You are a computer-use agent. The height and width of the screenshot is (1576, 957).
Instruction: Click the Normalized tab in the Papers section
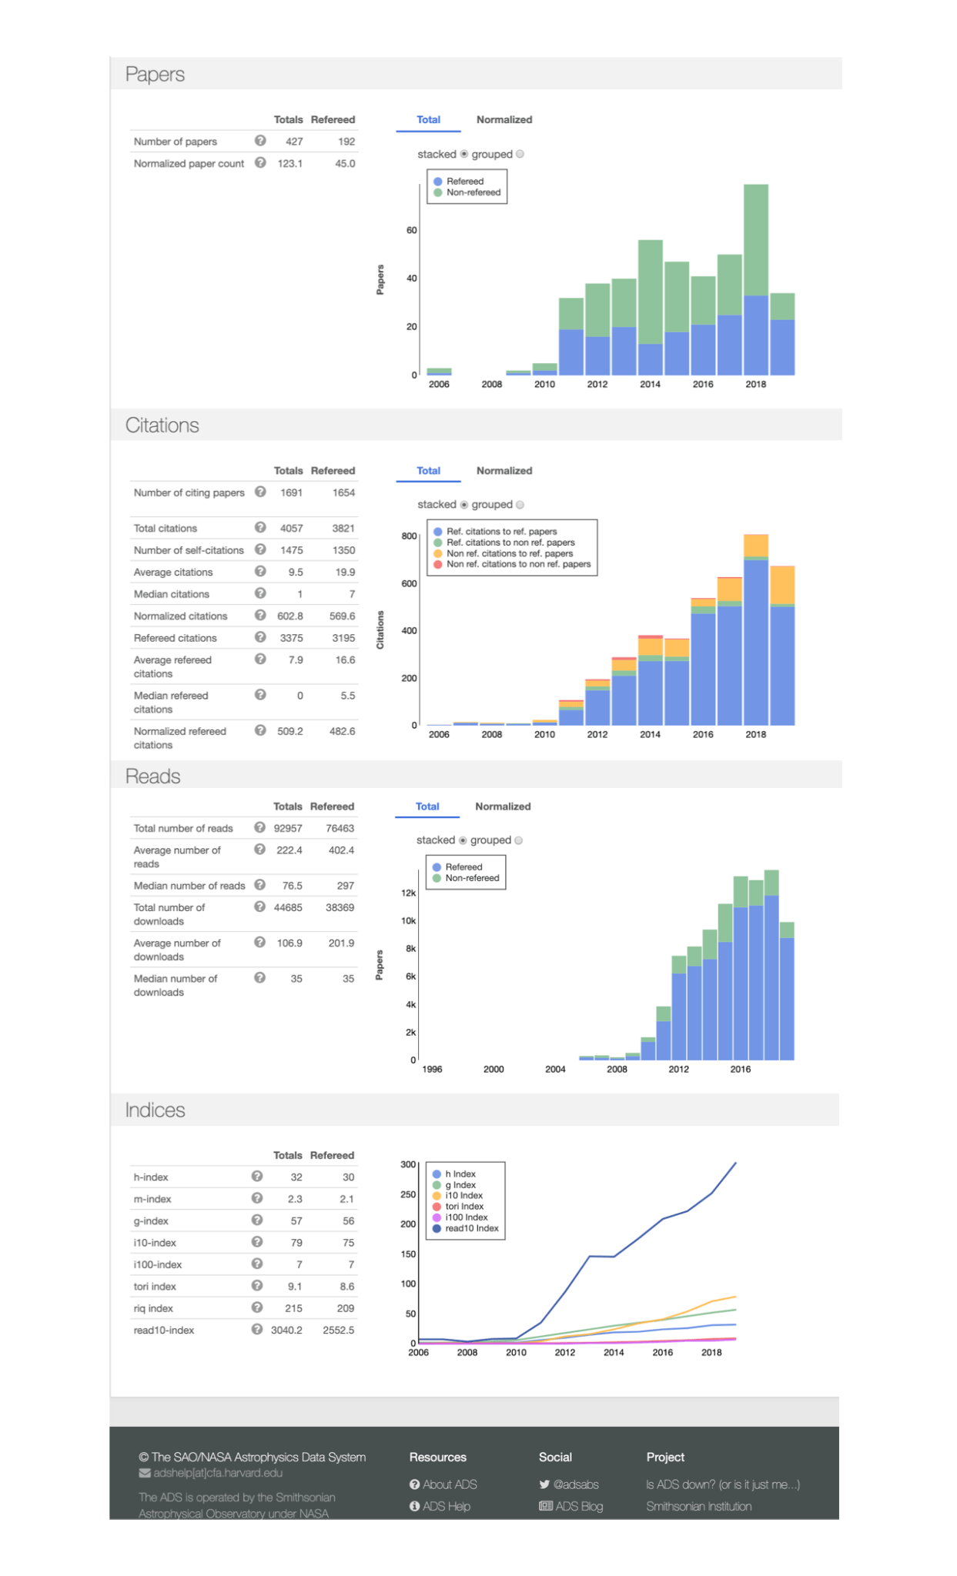(x=504, y=119)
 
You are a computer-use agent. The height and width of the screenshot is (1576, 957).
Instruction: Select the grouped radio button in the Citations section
(x=520, y=505)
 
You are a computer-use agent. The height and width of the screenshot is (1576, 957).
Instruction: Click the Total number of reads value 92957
(x=288, y=828)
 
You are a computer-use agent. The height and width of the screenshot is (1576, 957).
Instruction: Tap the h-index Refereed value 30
(x=348, y=1177)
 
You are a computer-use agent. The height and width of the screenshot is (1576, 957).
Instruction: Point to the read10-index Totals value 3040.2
(x=286, y=1330)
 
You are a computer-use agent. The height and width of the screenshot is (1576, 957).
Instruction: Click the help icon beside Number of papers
(x=260, y=141)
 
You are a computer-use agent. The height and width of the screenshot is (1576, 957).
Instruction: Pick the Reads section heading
(x=153, y=776)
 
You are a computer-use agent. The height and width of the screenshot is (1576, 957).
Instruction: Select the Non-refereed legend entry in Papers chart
(x=473, y=192)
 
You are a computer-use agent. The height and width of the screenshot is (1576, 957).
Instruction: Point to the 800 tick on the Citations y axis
(x=409, y=536)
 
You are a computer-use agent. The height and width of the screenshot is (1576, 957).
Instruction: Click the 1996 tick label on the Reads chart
(x=432, y=1069)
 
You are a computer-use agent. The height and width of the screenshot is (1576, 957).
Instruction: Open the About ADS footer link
(x=450, y=1484)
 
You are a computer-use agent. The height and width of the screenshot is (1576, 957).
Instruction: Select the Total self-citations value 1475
(x=291, y=550)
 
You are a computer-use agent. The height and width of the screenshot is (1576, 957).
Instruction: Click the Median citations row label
(x=172, y=594)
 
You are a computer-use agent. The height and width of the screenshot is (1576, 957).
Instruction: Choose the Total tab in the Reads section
(x=427, y=806)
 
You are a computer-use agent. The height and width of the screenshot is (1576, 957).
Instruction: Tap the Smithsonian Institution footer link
(x=698, y=1506)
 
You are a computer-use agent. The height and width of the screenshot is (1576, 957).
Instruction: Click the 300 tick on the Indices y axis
(x=407, y=1164)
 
